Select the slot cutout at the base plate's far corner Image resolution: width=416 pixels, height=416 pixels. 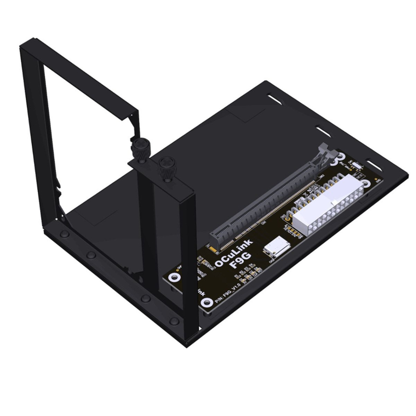[x=275, y=99]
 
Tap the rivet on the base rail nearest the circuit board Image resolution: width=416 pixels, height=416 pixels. [x=175, y=320]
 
